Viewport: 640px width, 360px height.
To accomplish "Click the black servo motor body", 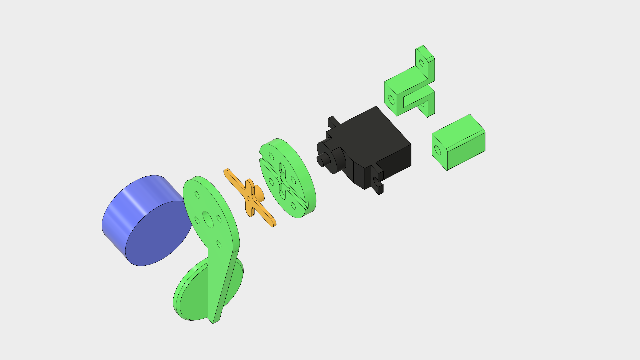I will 373,140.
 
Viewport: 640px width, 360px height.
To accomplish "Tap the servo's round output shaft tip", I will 321,161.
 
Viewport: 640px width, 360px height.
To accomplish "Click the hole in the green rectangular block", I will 438,151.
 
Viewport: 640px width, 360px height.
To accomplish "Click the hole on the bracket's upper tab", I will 422,63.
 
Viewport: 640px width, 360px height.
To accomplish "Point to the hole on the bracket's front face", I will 391,100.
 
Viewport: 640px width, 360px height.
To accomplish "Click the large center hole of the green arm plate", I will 208,219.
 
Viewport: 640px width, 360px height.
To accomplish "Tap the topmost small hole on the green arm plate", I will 197,195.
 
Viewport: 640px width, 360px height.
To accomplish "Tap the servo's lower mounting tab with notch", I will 378,182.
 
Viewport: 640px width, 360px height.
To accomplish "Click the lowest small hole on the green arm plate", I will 219,244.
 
